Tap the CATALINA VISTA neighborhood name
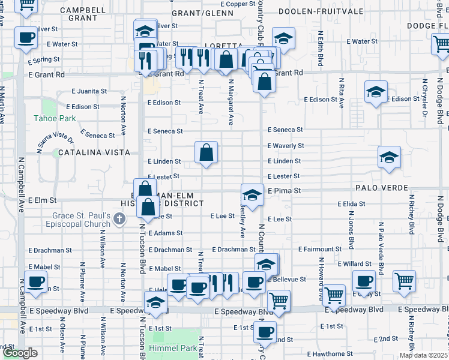(94, 153)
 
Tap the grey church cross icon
(120, 218)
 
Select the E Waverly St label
(286, 146)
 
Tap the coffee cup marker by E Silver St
(25, 38)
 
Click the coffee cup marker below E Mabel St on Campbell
(35, 281)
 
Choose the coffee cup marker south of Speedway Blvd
(264, 332)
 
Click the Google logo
(20, 353)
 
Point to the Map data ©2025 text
(423, 355)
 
